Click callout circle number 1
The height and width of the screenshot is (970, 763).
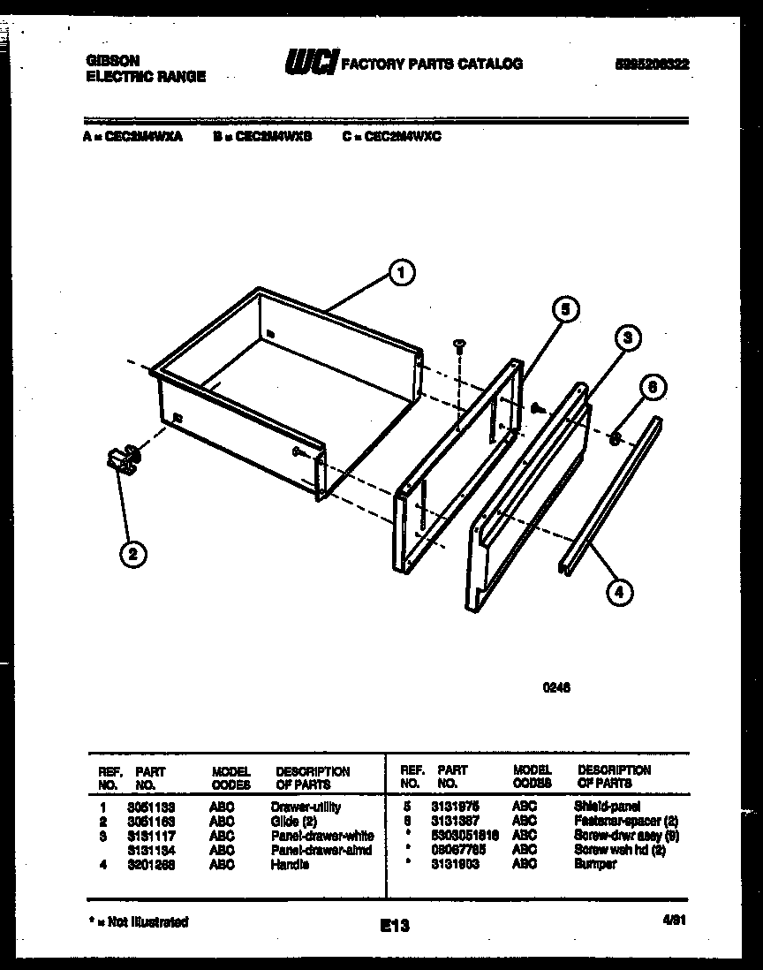tap(402, 274)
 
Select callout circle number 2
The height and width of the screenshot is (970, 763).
tap(132, 554)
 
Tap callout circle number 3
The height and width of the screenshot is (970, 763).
tap(625, 337)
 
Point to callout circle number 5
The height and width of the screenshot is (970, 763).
tap(565, 309)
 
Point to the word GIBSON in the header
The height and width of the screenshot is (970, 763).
tap(112, 61)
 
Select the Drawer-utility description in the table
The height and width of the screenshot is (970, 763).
tap(306, 807)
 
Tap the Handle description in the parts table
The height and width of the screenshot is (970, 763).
tap(290, 865)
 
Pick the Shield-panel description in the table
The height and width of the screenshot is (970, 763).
tap(608, 807)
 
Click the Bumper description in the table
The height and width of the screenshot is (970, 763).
tap(595, 865)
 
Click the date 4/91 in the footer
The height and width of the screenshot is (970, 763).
tap(675, 920)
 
